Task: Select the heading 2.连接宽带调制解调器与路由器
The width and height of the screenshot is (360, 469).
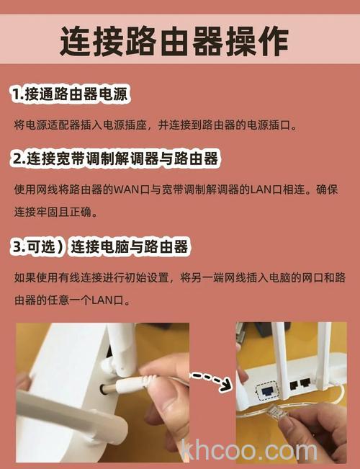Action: pos(114,158)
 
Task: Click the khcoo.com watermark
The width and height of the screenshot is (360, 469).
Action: pos(249,450)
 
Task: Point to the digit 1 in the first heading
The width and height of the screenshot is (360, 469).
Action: pos(16,95)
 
